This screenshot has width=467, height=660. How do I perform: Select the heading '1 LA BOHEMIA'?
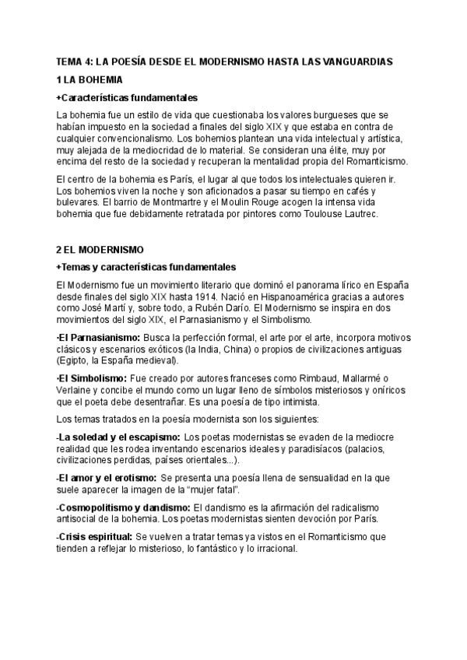coord(90,79)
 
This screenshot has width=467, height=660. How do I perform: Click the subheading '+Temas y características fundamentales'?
coord(146,267)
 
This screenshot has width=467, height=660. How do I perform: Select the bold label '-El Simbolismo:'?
coord(92,378)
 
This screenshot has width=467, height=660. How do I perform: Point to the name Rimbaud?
coord(300,378)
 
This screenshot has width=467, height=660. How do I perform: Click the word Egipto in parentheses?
coord(73,360)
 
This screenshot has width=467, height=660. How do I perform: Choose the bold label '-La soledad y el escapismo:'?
coord(118,437)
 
